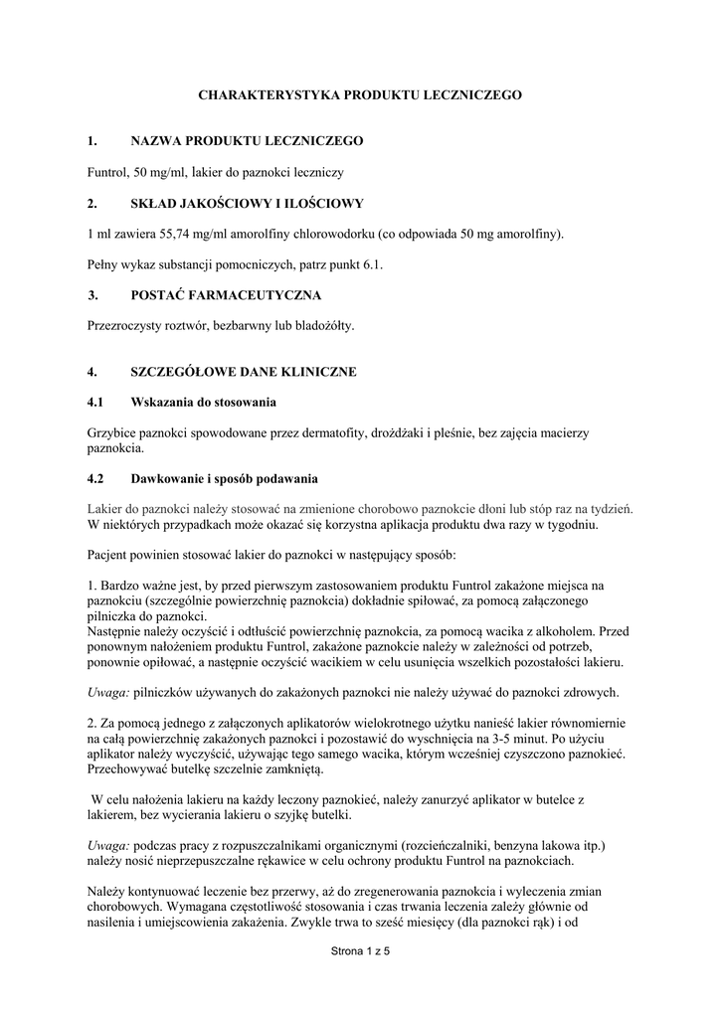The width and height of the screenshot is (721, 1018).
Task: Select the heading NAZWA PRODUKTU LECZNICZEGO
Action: click(x=247, y=141)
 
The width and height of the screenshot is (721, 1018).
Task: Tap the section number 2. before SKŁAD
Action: click(x=92, y=203)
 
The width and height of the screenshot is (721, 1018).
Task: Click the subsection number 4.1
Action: click(x=95, y=402)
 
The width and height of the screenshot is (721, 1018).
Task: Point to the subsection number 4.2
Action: click(x=95, y=477)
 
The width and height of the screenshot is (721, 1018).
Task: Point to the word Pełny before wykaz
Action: click(x=103, y=264)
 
